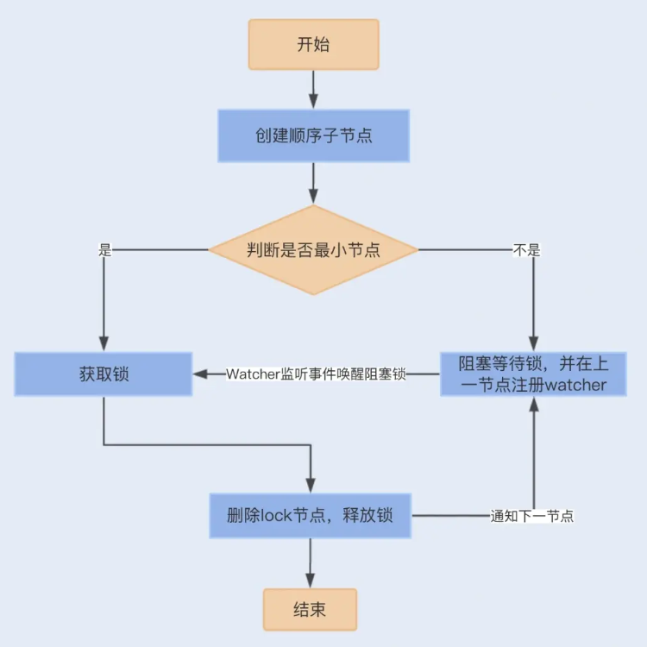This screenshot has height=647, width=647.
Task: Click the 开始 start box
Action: pyautogui.click(x=313, y=45)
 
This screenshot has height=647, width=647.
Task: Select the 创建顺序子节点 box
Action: pyautogui.click(x=313, y=135)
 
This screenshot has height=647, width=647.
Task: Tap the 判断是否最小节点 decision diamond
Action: pyautogui.click(x=313, y=250)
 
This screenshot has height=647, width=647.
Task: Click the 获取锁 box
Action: pyautogui.click(x=104, y=374)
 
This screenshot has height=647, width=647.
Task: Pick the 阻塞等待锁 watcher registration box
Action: pyautogui.click(x=533, y=374)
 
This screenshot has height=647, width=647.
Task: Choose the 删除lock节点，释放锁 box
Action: pyautogui.click(x=310, y=516)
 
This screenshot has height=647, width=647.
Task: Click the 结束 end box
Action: pyautogui.click(x=310, y=609)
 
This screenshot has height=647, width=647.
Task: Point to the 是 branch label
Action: pyautogui.click(x=105, y=251)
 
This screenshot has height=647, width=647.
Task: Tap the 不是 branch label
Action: pyautogui.click(x=526, y=251)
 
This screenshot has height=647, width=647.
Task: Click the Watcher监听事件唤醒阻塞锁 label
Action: pyautogui.click(x=316, y=374)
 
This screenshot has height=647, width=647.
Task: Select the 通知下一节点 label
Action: pyautogui.click(x=532, y=517)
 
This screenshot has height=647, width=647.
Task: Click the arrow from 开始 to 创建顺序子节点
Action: pyautogui.click(x=313, y=89)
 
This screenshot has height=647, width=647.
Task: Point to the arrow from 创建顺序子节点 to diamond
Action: pyautogui.click(x=313, y=182)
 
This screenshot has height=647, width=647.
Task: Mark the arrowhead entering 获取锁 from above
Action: pyautogui.click(x=104, y=343)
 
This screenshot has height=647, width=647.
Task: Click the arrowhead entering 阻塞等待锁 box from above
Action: pyautogui.click(x=534, y=343)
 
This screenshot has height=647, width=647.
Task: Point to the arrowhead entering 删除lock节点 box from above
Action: pyautogui.click(x=310, y=485)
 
